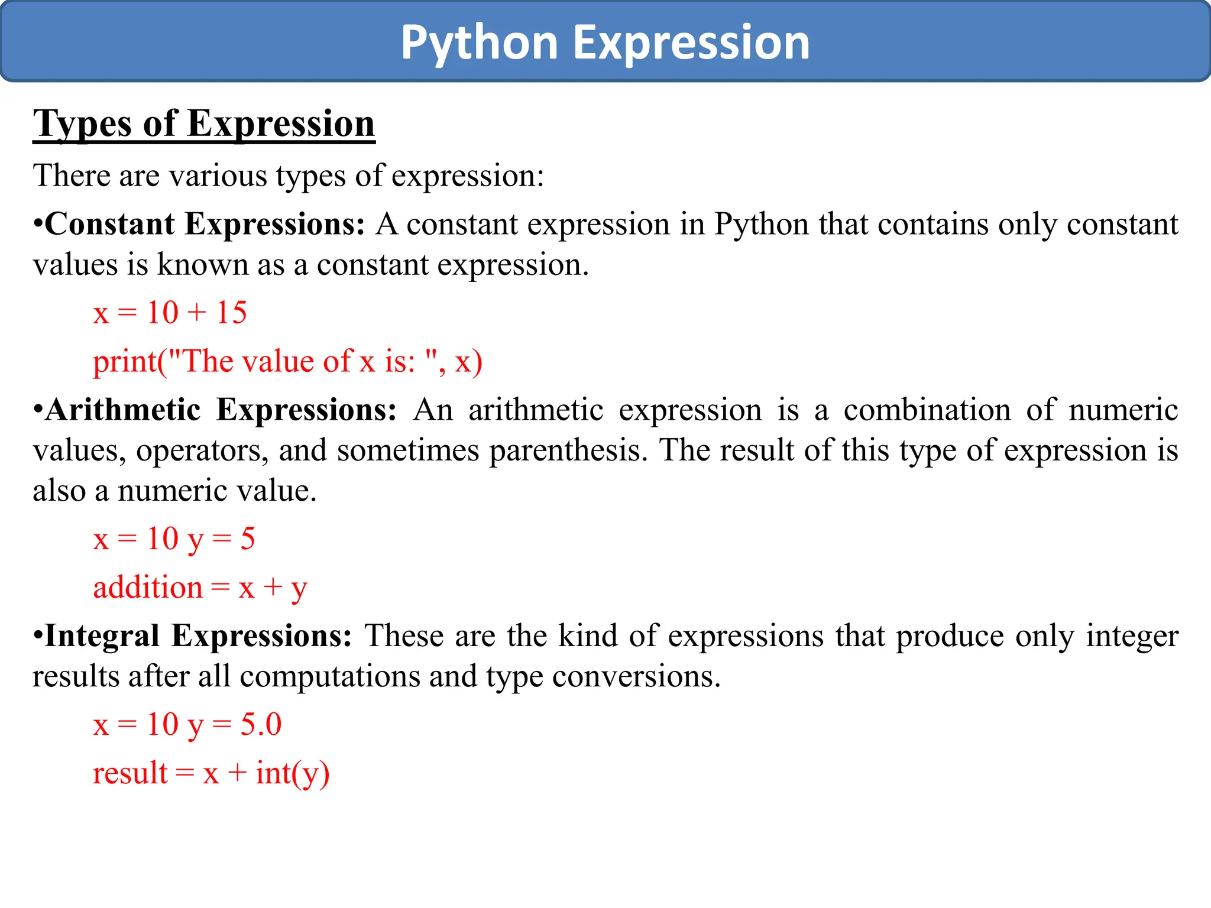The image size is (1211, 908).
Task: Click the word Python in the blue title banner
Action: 480,43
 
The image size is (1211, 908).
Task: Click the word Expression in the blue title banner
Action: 691,43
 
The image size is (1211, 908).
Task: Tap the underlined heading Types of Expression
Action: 204,124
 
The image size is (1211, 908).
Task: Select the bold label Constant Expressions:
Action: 205,225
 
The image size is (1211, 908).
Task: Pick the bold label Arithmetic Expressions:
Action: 221,410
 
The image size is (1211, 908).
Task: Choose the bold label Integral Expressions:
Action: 198,637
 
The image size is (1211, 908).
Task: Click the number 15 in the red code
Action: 231,313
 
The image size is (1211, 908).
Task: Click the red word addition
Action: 148,588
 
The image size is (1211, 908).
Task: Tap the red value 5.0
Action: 261,725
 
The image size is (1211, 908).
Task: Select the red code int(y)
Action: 292,774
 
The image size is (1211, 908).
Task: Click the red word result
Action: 130,774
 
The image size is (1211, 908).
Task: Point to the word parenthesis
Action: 568,451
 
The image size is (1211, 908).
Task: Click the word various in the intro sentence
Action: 218,176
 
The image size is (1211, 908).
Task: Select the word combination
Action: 927,410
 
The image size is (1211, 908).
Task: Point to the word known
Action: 202,265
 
